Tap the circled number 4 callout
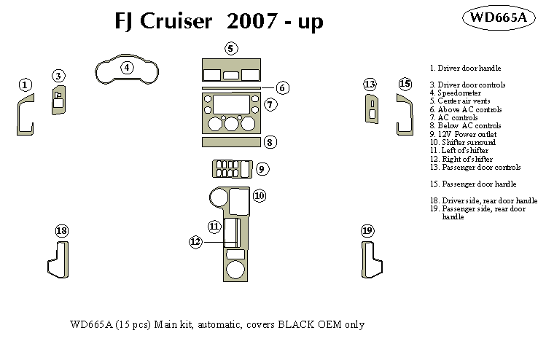(127, 68)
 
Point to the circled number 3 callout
(59, 75)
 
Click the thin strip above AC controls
(230, 87)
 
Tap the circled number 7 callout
(270, 105)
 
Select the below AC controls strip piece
(230, 141)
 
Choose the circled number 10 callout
(260, 195)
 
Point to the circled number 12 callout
(195, 241)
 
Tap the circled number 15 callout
(405, 85)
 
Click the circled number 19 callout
(367, 231)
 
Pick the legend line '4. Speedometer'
(456, 93)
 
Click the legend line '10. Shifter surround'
(463, 142)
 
